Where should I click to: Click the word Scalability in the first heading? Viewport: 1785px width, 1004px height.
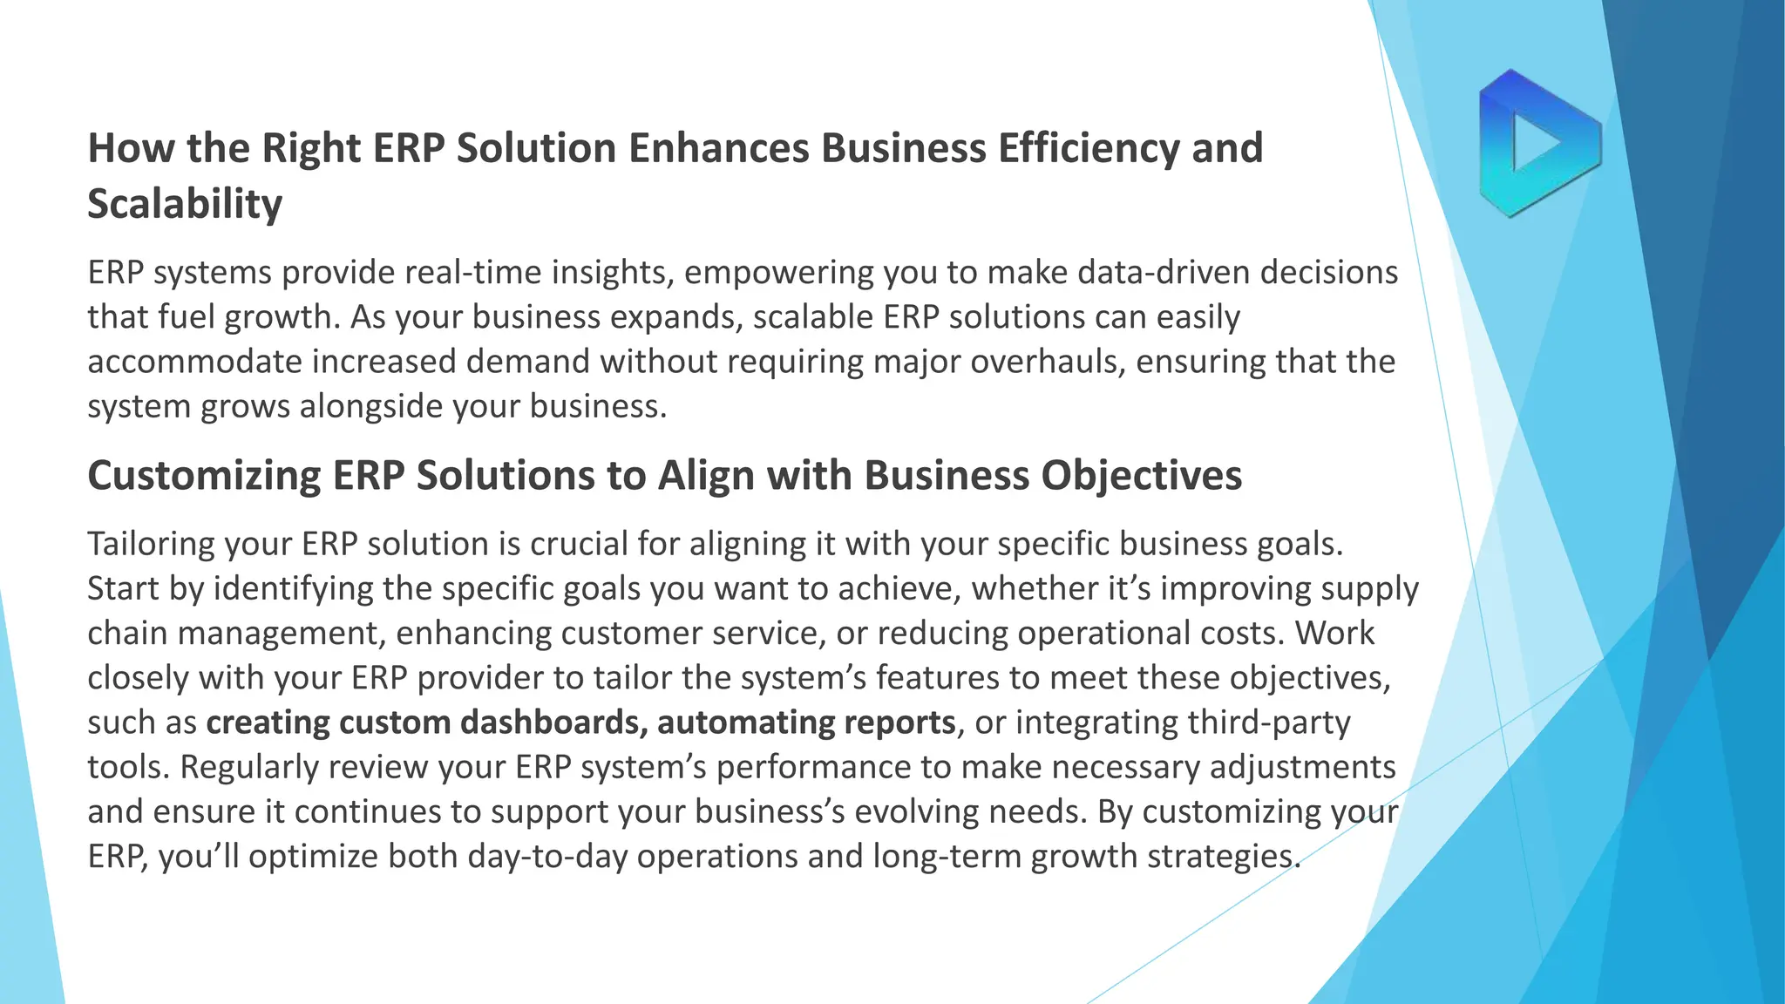click(185, 204)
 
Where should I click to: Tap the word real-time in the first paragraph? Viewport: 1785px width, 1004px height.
click(474, 273)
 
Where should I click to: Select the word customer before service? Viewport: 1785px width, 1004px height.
click(631, 634)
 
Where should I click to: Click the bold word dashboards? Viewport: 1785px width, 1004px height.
click(554, 722)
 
